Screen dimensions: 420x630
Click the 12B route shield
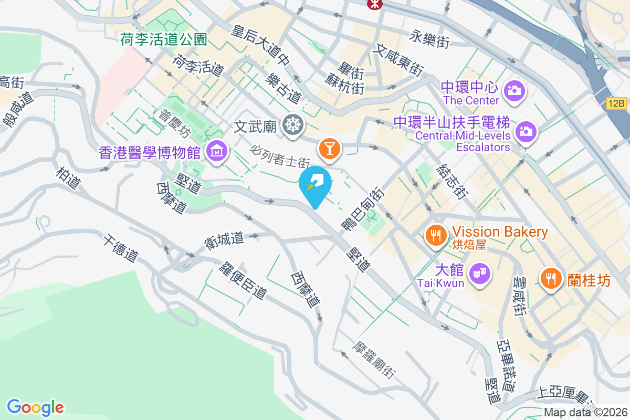tap(617, 103)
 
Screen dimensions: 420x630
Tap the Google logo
tap(35, 407)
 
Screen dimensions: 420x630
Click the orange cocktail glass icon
tap(330, 149)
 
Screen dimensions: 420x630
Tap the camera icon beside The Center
tap(514, 91)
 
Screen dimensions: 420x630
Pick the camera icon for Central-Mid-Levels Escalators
tap(526, 130)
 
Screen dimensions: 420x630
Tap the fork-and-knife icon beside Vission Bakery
tap(436, 235)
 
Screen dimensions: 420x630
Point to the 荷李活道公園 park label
tap(164, 39)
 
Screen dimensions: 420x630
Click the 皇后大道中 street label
tap(261, 46)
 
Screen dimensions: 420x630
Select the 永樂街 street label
tap(430, 38)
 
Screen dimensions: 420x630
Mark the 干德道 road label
tap(120, 248)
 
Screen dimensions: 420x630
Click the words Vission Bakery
tap(500, 232)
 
